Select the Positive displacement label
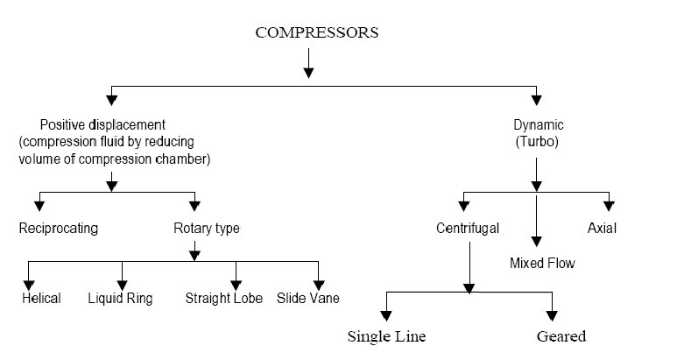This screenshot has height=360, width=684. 103,124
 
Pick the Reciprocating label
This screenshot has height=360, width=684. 59,229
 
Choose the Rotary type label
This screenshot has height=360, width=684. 206,229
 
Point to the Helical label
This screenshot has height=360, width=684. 41,299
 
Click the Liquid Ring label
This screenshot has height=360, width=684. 120,299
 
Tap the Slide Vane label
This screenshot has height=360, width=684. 308,299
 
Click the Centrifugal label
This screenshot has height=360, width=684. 468,229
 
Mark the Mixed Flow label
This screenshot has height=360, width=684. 542,262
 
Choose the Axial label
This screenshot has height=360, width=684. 602,229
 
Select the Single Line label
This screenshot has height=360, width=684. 386,336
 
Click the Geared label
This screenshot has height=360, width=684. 561,336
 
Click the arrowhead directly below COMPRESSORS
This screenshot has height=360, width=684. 308,71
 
